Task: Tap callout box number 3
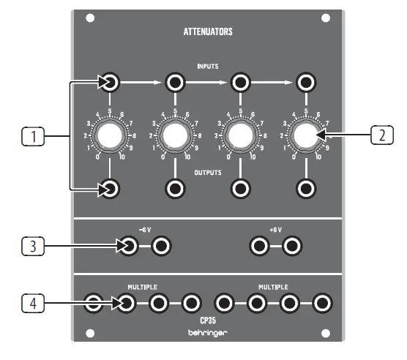pyautogui.click(x=30, y=247)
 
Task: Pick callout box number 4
pyautogui.click(x=30, y=301)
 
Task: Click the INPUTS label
pyautogui.click(x=208, y=66)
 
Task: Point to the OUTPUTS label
pyautogui.click(x=207, y=173)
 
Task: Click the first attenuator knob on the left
pyautogui.click(x=110, y=135)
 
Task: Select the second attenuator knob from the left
pyautogui.click(x=174, y=135)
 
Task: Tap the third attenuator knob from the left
pyautogui.click(x=239, y=135)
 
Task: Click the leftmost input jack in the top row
pyautogui.click(x=110, y=82)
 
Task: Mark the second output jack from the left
pyautogui.click(x=174, y=189)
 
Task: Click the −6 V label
pyautogui.click(x=145, y=228)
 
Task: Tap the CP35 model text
pyautogui.click(x=207, y=318)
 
